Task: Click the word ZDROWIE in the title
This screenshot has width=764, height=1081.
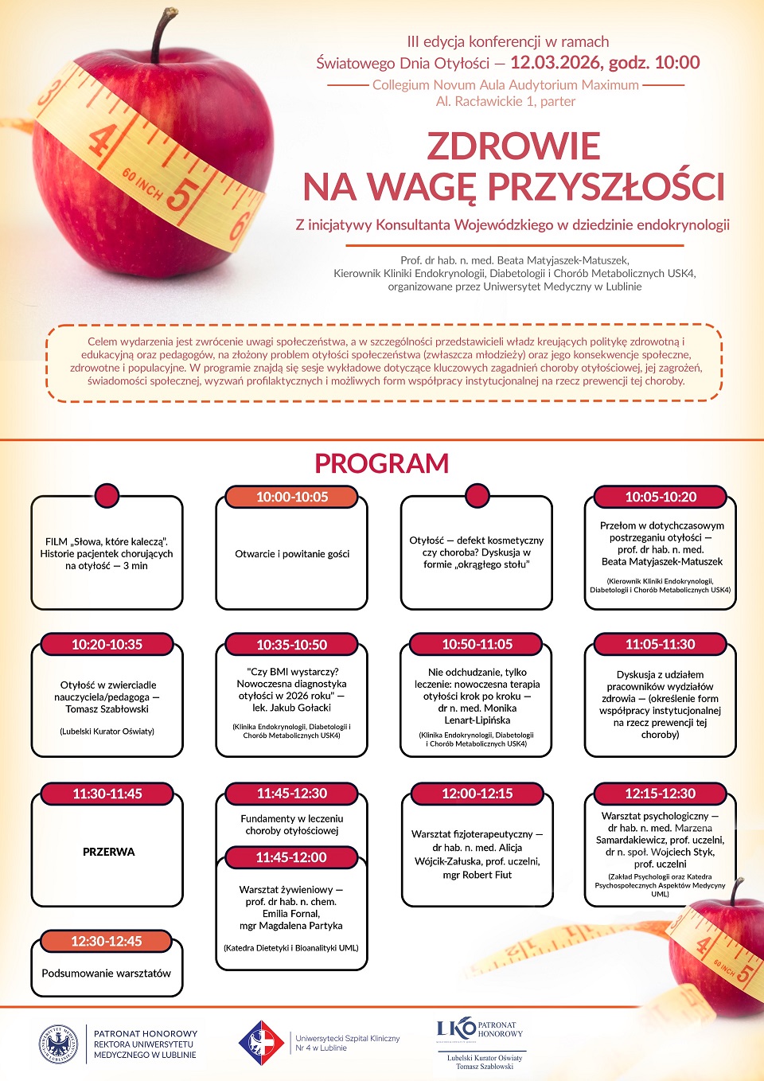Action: [513, 146]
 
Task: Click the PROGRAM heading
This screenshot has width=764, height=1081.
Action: [382, 463]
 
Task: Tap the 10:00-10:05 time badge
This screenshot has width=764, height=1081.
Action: [292, 497]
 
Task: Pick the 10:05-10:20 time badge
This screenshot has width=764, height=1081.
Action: [661, 497]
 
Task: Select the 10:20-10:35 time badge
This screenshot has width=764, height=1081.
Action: [107, 645]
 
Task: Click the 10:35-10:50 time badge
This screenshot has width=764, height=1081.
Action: [292, 645]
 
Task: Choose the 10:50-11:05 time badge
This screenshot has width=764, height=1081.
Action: [477, 644]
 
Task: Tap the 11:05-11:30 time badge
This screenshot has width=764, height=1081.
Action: [661, 644]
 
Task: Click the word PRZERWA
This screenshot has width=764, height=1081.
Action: [109, 852]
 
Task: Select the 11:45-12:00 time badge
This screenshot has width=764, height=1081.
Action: [291, 857]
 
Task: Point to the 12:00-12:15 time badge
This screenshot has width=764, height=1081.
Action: [477, 794]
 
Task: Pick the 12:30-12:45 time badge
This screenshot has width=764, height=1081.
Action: [107, 941]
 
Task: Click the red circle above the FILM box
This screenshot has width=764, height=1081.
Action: [107, 495]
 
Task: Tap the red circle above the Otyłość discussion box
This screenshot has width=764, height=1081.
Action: [476, 495]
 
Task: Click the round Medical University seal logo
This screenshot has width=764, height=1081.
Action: [59, 1044]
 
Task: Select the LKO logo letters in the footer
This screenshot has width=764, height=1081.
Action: [456, 1028]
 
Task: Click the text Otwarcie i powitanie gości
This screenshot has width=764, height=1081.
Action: [292, 554]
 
